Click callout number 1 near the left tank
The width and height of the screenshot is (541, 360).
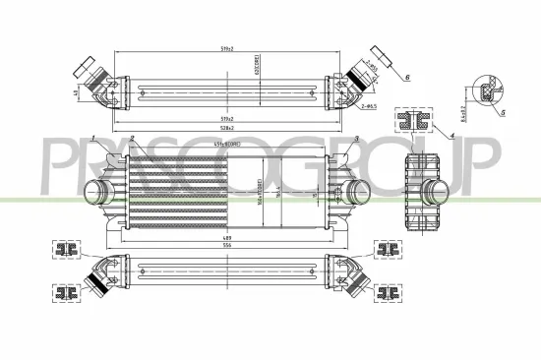91,140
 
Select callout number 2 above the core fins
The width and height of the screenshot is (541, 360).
131,140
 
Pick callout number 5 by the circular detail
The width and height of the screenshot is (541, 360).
504,114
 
